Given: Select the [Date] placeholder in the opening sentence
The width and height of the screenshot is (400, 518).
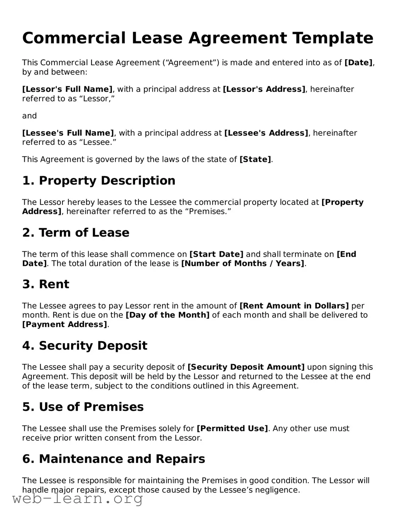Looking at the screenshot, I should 358,63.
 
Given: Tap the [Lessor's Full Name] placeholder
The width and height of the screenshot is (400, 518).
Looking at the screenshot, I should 68,89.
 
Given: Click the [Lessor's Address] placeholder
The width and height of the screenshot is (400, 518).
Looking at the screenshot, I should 264,89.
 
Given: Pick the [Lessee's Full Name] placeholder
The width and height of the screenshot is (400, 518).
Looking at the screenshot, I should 68,133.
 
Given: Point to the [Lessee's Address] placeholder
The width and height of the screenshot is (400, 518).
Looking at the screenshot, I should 266,133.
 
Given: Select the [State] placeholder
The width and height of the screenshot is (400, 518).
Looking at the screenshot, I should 255,159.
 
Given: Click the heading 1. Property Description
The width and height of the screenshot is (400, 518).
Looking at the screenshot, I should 99,181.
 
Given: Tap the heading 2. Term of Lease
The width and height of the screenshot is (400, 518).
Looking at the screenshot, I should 76,233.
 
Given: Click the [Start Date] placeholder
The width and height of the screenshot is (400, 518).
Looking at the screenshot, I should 216,254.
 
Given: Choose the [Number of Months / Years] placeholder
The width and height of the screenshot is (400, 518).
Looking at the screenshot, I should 243,264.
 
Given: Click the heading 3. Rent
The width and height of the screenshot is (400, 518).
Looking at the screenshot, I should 46,284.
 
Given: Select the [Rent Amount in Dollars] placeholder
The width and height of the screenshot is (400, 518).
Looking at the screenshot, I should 294,306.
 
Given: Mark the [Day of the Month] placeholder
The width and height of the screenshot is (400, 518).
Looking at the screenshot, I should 167,315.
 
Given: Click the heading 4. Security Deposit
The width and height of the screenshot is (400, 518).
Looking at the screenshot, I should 85,345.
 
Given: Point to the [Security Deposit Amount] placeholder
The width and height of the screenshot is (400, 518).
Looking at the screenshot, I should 246,367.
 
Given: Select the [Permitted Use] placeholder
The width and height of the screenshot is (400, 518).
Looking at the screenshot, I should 232,428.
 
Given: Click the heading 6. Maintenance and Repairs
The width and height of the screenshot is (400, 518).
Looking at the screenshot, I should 114,459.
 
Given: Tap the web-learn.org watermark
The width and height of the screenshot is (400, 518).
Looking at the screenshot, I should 78,499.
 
